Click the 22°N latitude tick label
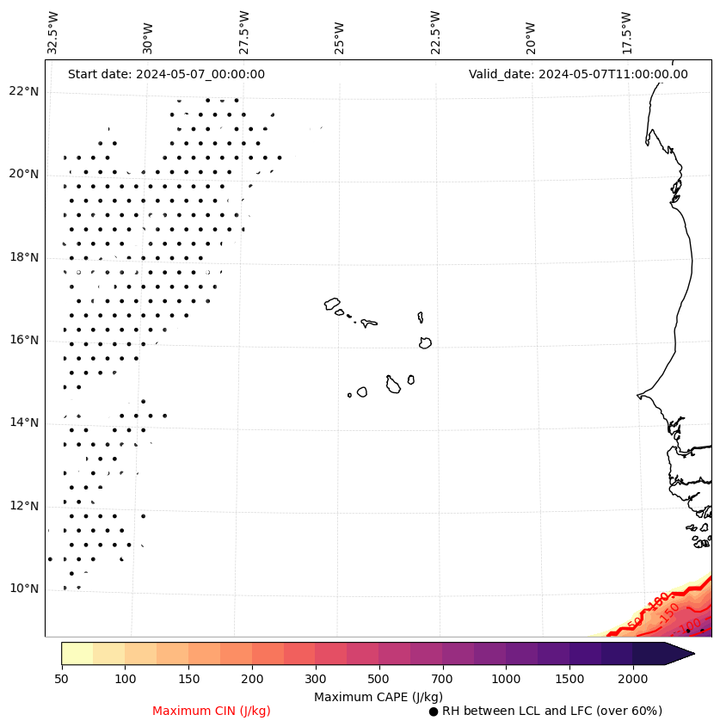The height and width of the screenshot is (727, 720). [x=23, y=92]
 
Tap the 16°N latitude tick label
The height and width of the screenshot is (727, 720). [x=23, y=341]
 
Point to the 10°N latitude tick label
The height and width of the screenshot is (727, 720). [x=23, y=589]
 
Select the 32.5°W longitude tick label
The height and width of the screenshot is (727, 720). [x=53, y=32]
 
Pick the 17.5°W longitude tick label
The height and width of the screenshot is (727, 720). [x=626, y=32]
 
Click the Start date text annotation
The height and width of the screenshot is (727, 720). [x=166, y=74]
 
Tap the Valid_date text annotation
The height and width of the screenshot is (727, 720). [x=578, y=74]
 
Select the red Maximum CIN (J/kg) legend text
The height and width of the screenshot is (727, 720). [x=211, y=711]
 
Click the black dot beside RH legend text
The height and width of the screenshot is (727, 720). [x=434, y=712]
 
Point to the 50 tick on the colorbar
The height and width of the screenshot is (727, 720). [x=61, y=679]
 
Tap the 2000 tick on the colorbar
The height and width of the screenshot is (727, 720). [x=632, y=679]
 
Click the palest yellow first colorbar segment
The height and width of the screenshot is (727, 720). [x=77, y=653]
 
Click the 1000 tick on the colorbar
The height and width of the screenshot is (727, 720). [x=506, y=679]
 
